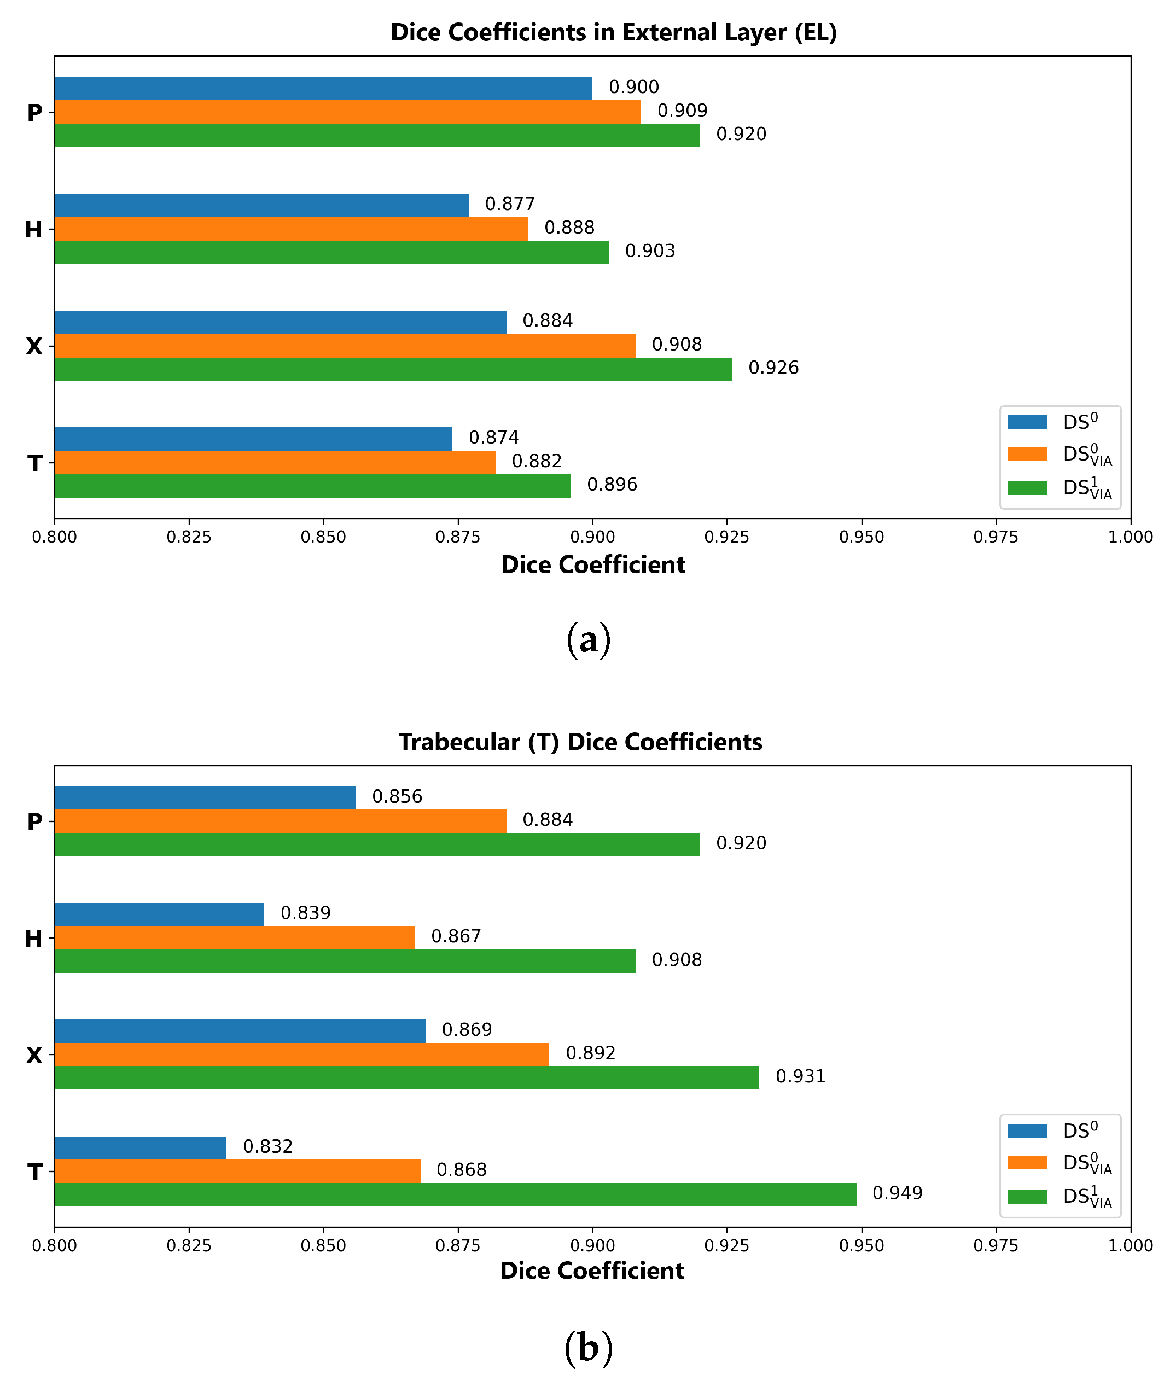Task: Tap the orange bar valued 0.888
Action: pyautogui.click(x=291, y=229)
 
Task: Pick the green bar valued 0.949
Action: pyautogui.click(x=456, y=1194)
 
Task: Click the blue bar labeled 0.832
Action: pyautogui.click(x=141, y=1147)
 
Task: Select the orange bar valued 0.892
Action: pyautogui.click(x=302, y=1054)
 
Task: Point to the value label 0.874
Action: pyautogui.click(x=493, y=438)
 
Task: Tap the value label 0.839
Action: pyautogui.click(x=305, y=913)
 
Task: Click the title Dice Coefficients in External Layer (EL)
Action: pyautogui.click(x=614, y=32)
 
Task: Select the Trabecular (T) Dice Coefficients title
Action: pyautogui.click(x=580, y=742)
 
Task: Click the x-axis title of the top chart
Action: pyautogui.click(x=593, y=564)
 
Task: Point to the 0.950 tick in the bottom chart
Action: pyautogui.click(x=862, y=1246)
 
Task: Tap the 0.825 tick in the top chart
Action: pyautogui.click(x=189, y=537)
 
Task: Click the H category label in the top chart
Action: pyautogui.click(x=34, y=230)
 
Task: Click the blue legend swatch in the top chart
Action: pyautogui.click(x=1027, y=422)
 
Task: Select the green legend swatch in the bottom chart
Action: pyautogui.click(x=1027, y=1197)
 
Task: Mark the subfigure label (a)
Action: pyautogui.click(x=589, y=640)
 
